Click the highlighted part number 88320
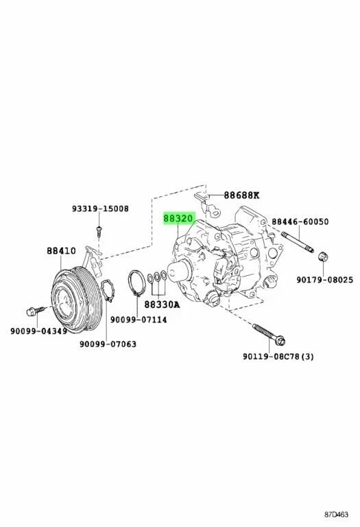[x=178, y=220]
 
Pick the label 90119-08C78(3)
[x=278, y=356]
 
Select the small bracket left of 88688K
[x=204, y=200]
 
